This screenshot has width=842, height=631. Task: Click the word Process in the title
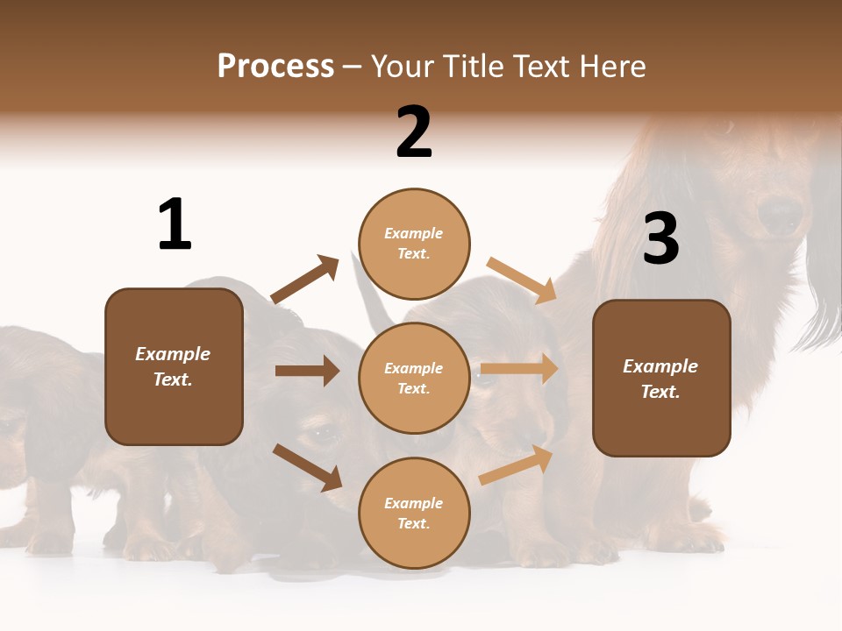point(275,66)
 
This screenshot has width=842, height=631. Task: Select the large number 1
point(175,224)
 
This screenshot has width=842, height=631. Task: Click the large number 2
point(414,132)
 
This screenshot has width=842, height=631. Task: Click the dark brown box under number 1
point(174,366)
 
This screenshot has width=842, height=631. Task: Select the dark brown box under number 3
point(661,378)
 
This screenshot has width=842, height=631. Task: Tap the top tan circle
point(414,244)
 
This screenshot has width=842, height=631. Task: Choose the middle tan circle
point(414,378)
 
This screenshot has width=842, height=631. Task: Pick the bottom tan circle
point(414,513)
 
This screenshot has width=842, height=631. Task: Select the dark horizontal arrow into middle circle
point(307,371)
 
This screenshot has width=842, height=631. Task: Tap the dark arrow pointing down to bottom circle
point(307,467)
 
